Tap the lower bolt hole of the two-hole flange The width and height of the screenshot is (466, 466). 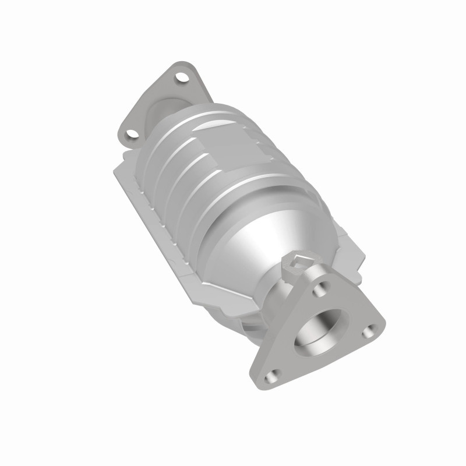pos(133,135)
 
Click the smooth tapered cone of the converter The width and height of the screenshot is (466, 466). pos(256,233)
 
